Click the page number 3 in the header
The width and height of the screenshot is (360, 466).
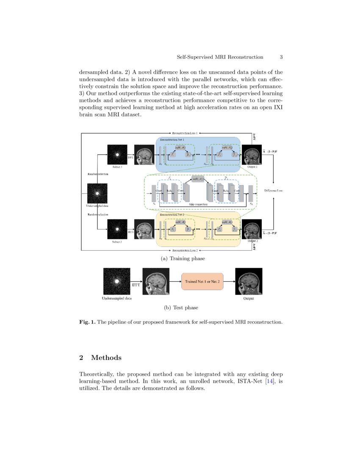281,57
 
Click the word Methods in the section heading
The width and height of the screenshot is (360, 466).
106,358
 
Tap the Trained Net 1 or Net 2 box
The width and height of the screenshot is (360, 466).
203,281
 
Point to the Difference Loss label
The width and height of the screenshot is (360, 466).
274,191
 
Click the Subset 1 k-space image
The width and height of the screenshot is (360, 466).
117,155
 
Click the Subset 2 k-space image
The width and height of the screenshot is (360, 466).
117,229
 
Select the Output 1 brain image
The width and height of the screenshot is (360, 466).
252,155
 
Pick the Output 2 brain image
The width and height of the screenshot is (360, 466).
252,229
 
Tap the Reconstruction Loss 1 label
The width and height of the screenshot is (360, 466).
185,133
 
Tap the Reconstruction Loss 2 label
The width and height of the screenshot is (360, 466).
185,251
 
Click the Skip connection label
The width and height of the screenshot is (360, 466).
198,204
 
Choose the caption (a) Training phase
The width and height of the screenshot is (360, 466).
180,258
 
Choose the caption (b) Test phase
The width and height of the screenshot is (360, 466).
181,308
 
